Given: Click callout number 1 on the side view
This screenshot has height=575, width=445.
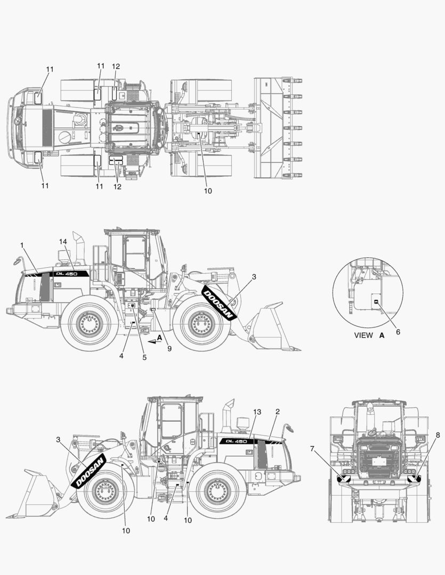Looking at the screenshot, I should click(22, 244).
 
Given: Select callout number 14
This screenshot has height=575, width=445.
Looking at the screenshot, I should click(63, 241).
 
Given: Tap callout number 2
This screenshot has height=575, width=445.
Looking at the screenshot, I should click(277, 412).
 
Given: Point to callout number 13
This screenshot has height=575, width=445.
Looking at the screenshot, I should click(257, 412).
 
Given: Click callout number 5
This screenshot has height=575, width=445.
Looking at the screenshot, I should click(144, 358).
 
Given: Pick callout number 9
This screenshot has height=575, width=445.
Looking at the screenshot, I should click(169, 349).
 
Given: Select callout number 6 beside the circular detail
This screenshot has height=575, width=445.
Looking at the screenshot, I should click(398, 331).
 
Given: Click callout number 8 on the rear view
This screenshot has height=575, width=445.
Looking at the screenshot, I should click(438, 434).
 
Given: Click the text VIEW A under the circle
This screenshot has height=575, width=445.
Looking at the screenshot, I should click(369, 336).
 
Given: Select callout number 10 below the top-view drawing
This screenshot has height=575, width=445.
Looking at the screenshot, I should click(208, 191).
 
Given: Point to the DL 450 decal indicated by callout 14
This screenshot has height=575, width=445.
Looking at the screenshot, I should click(66, 274).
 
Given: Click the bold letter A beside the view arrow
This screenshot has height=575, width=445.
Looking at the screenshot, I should click(159, 338).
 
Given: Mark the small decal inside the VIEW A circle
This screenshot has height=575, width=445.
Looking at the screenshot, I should click(376, 302).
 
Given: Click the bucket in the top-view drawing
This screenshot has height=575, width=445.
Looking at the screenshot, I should click(278, 128).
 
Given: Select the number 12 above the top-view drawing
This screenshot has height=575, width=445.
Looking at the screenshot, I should click(116, 67).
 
